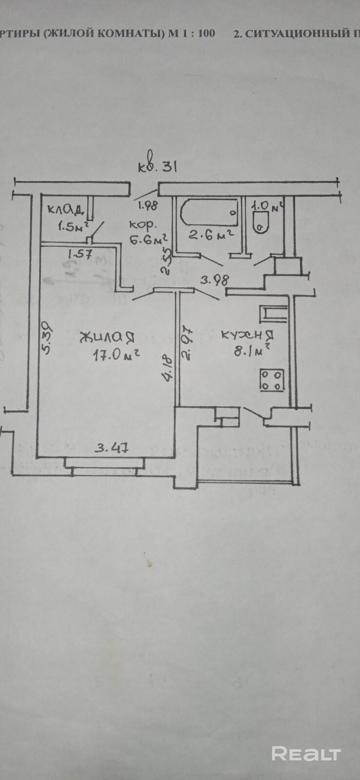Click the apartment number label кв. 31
pyautogui.click(x=157, y=167)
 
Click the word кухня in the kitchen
pyautogui.click(x=246, y=335)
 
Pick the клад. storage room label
pyautogui.click(x=66, y=210)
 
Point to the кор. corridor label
pyautogui.click(x=143, y=225)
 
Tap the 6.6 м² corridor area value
pyautogui.click(x=148, y=240)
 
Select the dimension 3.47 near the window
pyautogui.click(x=112, y=447)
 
